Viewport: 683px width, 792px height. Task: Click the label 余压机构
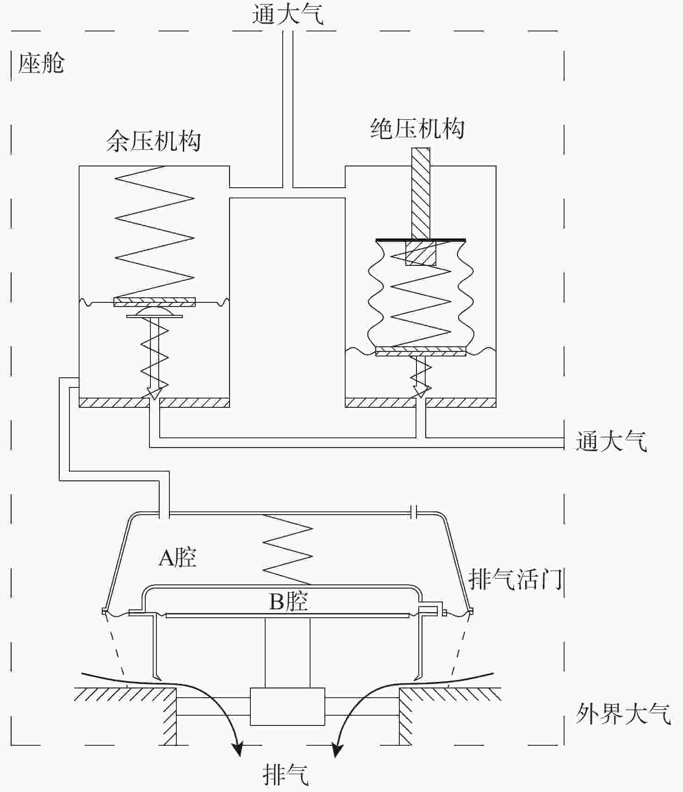(154, 141)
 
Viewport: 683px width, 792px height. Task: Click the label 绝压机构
(418, 129)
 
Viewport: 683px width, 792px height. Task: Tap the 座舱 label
(41, 63)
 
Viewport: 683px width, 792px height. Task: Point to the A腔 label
(177, 558)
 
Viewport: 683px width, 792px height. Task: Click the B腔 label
(288, 602)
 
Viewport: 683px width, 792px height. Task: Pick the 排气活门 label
(515, 578)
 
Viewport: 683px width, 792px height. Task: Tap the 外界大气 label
(623, 714)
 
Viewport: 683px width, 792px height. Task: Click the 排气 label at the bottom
(286, 775)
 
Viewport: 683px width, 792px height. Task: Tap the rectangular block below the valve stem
(287, 706)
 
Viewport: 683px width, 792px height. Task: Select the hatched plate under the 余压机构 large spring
(155, 302)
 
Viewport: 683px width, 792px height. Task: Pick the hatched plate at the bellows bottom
(421, 352)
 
